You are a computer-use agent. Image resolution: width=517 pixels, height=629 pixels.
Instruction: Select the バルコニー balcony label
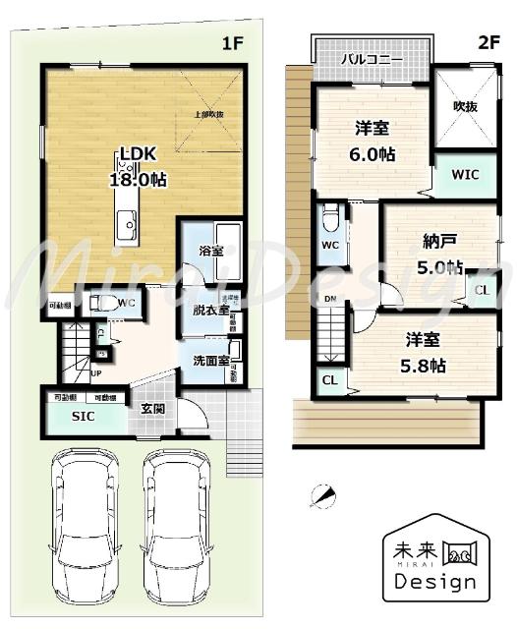[373, 60]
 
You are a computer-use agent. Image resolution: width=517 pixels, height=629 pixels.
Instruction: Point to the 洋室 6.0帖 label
[374, 140]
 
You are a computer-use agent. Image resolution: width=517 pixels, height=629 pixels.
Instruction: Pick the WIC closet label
[465, 175]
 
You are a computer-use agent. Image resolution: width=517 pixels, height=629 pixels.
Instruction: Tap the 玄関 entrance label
[151, 410]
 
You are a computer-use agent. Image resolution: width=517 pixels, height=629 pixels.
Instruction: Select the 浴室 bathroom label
[210, 251]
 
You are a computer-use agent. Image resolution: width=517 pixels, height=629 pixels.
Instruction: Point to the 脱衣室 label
[210, 312]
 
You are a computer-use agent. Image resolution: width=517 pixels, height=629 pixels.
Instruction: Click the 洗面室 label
[209, 361]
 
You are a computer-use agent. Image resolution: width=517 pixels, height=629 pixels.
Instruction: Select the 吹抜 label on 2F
[465, 106]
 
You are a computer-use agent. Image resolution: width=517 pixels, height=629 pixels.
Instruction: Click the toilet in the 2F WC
[331, 214]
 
